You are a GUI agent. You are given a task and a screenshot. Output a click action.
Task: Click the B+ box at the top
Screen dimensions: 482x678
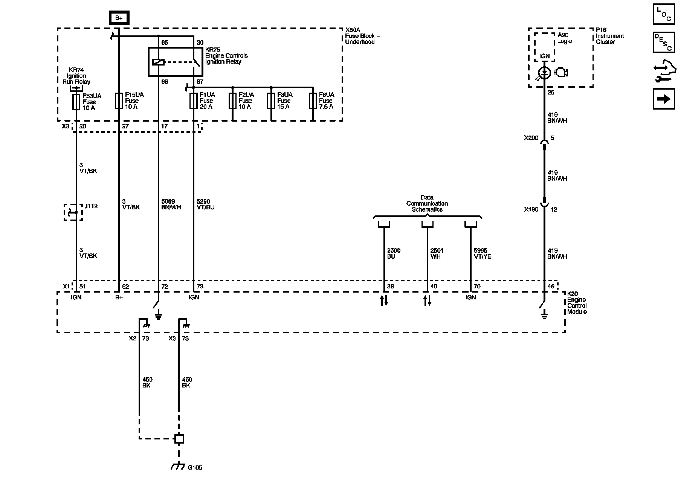(x=119, y=18)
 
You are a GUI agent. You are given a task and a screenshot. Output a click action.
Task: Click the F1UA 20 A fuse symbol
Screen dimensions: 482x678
(x=194, y=101)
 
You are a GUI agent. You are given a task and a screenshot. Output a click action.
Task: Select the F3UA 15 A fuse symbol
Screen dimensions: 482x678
(x=271, y=101)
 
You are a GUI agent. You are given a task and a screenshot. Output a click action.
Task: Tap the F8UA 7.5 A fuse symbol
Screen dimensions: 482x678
(x=313, y=101)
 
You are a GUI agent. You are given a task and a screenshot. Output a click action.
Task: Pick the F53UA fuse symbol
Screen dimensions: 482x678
(x=76, y=102)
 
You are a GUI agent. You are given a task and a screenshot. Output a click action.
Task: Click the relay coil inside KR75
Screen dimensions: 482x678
(x=158, y=62)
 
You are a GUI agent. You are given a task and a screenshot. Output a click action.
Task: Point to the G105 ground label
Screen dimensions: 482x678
(x=195, y=468)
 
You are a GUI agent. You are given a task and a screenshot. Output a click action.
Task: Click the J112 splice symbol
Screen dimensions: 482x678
(x=73, y=212)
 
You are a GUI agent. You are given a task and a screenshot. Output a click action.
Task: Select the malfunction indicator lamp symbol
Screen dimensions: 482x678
(x=544, y=73)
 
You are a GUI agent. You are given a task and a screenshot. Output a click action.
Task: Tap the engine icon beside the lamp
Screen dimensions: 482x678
(x=561, y=72)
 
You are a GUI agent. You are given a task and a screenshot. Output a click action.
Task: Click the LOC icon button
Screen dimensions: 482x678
(x=664, y=14)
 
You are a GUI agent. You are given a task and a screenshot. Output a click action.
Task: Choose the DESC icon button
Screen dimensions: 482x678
(x=664, y=42)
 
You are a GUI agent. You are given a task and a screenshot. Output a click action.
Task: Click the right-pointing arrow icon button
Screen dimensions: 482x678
(x=664, y=99)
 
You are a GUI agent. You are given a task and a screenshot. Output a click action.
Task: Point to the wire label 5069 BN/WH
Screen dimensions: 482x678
(x=168, y=204)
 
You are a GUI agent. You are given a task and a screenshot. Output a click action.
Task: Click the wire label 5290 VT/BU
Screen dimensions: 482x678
(x=206, y=204)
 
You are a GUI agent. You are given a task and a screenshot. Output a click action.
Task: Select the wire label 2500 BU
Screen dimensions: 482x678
(x=394, y=253)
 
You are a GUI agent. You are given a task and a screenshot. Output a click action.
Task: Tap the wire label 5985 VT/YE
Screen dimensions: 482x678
(x=482, y=253)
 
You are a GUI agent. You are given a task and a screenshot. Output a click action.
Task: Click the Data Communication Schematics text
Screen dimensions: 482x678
(x=427, y=203)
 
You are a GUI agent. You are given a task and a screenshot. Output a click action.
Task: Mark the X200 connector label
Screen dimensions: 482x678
(x=531, y=138)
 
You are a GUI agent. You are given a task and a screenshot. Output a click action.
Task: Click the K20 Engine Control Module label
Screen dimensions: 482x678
(x=577, y=303)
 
